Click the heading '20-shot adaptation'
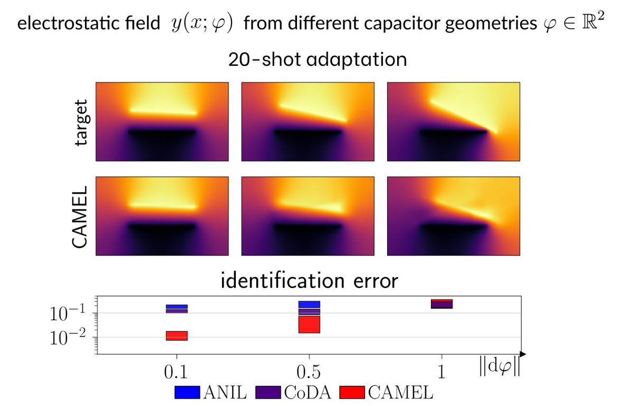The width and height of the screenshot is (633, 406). coord(317,59)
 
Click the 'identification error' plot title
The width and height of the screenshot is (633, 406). coord(309,281)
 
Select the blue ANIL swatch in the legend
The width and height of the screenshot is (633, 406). coord(187,392)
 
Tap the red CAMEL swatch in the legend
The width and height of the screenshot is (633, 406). coord(353,392)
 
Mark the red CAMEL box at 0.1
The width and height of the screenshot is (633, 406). coord(177,336)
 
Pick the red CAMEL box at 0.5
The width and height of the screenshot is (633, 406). coord(309,324)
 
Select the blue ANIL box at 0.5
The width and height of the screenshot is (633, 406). coord(309,304)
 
